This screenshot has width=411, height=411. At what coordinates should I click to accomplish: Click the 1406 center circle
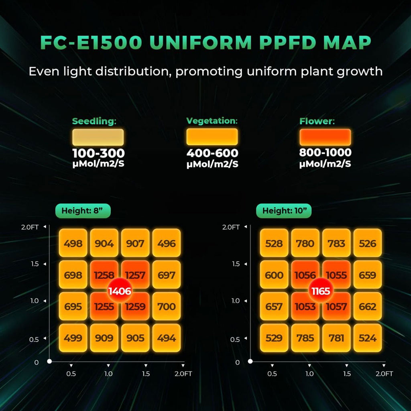click(x=120, y=291)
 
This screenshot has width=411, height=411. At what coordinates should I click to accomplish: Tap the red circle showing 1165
click(x=321, y=291)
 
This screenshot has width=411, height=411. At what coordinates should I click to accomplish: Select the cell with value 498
click(x=73, y=243)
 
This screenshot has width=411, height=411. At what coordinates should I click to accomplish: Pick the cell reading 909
click(x=104, y=338)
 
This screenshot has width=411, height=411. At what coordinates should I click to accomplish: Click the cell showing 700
click(x=167, y=307)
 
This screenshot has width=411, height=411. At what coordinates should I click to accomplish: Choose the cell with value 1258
click(x=104, y=275)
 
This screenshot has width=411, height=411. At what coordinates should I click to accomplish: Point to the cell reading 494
click(x=167, y=338)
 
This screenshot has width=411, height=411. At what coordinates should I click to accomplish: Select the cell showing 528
click(x=274, y=243)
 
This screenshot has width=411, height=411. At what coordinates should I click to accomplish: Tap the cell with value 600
click(x=274, y=275)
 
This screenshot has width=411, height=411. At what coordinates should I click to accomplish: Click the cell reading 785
click(x=305, y=338)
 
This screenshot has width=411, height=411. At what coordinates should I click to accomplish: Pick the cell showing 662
click(x=368, y=307)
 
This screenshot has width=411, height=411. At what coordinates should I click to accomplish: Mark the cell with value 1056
click(x=305, y=275)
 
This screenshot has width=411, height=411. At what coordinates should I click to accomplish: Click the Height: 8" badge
click(x=83, y=211)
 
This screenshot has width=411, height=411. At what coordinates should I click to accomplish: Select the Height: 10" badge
click(x=284, y=211)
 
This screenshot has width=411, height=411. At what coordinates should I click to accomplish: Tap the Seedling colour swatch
click(x=98, y=137)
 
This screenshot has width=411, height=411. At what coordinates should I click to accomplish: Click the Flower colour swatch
click(x=325, y=137)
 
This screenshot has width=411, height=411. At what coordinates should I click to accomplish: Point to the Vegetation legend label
click(x=212, y=121)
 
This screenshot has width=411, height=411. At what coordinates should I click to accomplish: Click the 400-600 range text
click(x=212, y=153)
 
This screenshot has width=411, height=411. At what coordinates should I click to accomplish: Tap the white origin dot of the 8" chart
click(x=49, y=361)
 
